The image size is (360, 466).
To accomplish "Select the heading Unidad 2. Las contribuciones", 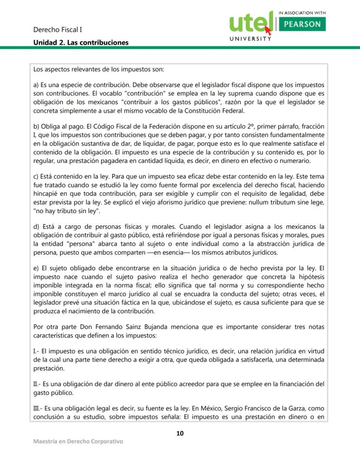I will tap(81, 43).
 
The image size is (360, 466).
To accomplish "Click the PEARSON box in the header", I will tap(302, 24).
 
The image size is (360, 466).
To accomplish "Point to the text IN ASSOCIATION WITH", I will tap(302, 13).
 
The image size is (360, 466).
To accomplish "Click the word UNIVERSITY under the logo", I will tap(250, 39).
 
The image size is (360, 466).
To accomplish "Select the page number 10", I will tap(180, 433).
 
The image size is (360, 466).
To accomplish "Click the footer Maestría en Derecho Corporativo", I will tap(78, 442).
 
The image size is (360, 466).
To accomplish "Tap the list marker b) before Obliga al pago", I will tap(37, 127).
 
